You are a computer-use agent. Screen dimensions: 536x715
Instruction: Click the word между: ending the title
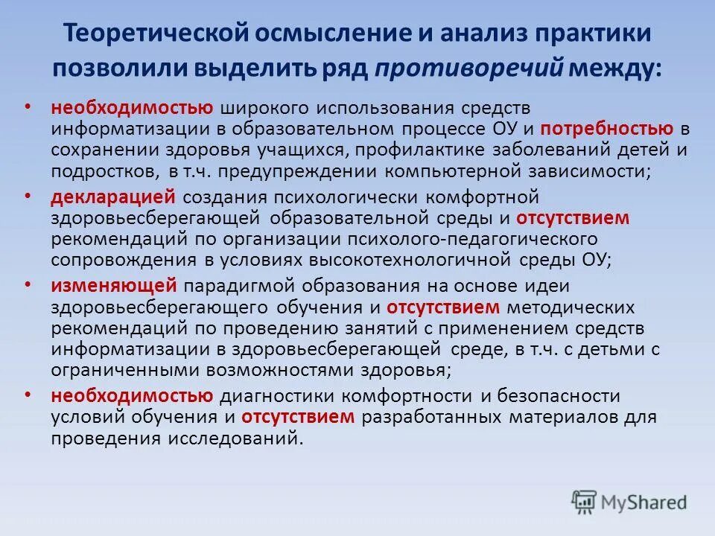click(615, 68)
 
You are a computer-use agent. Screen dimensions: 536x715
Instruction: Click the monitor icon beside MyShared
click(585, 501)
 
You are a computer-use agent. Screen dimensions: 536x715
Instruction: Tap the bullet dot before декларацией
click(28, 196)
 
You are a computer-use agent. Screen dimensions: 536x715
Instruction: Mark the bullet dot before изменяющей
click(28, 284)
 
